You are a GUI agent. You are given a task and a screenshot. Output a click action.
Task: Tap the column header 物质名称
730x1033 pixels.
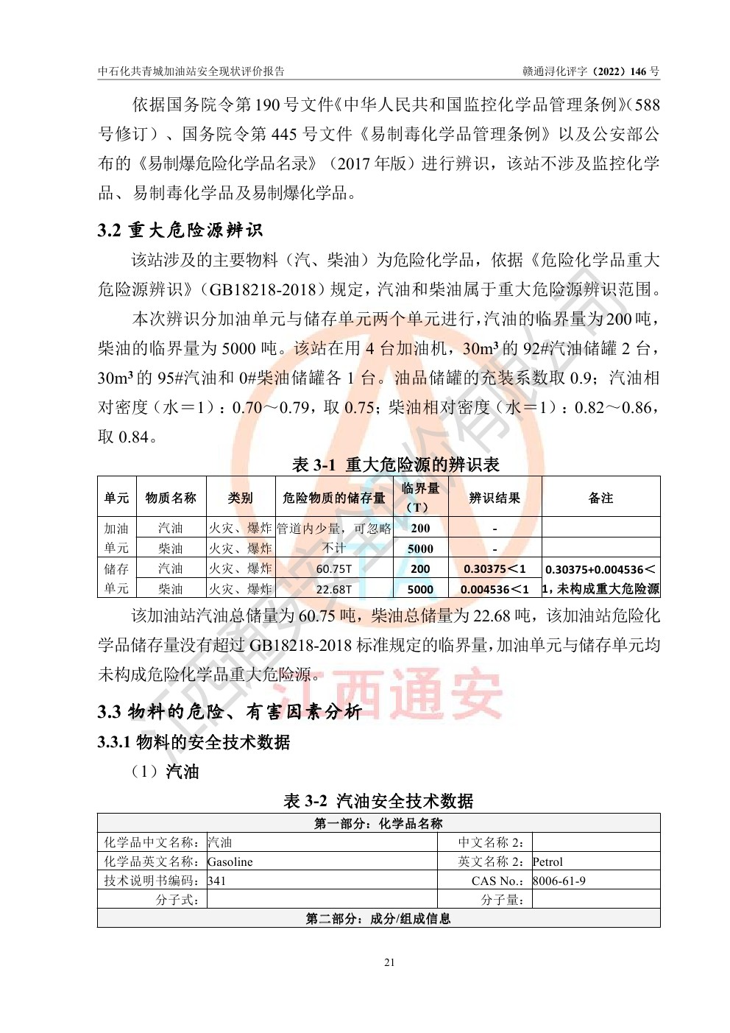171,498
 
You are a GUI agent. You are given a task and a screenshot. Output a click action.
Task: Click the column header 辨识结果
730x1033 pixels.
495,498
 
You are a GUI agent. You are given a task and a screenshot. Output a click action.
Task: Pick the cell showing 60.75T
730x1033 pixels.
334,569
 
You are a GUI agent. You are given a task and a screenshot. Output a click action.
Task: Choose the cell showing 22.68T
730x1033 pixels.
334,589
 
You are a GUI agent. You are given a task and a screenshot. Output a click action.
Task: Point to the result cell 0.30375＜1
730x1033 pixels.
495,569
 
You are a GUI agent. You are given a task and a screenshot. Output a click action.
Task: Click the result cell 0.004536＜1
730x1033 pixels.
495,589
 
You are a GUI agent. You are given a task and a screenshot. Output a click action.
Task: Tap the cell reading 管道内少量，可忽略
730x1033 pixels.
334,529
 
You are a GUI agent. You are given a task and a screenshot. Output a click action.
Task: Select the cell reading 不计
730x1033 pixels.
334,549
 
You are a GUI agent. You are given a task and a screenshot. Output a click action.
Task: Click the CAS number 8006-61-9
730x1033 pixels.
559,881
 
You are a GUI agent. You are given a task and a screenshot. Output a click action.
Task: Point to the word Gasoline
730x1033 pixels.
230,862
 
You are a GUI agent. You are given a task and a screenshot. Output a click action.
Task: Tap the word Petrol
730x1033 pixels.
547,862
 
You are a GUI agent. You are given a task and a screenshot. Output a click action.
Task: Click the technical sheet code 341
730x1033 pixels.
217,881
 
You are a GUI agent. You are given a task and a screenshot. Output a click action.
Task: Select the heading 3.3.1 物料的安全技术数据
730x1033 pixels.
194,742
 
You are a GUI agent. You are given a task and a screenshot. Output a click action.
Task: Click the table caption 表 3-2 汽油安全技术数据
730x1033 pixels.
378,801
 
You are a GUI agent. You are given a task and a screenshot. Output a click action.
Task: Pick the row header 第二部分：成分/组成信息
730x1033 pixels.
378,919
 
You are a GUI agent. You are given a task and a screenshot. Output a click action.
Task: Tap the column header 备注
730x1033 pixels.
600,498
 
